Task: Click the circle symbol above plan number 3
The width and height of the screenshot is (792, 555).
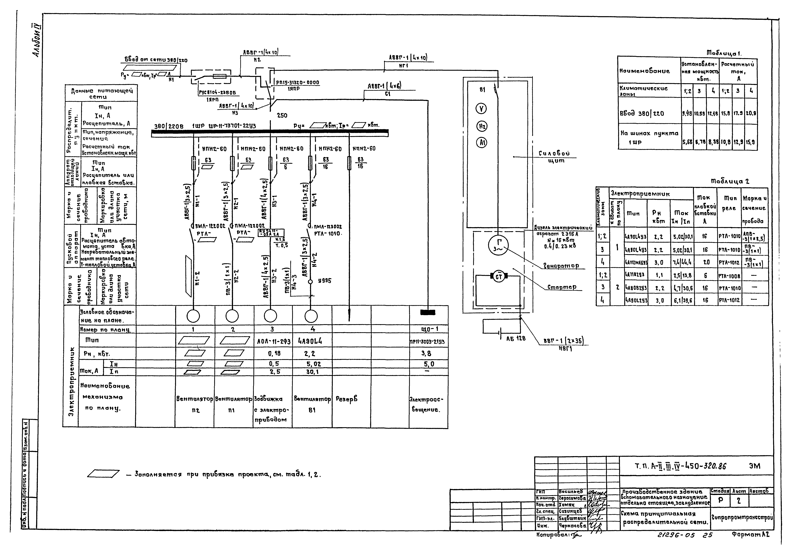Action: pos(270,316)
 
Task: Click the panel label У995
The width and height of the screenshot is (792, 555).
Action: pos(324,281)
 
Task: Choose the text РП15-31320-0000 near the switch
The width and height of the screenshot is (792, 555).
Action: pos(297,83)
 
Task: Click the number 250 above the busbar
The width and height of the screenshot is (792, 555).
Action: pos(282,116)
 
